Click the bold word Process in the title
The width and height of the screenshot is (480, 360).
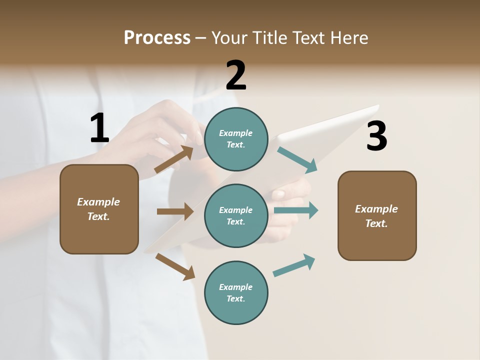click(157, 38)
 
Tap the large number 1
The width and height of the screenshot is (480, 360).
click(99, 128)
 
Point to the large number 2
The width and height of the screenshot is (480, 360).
click(236, 75)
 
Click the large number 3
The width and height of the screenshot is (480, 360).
click(376, 136)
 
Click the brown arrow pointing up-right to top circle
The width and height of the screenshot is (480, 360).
click(174, 159)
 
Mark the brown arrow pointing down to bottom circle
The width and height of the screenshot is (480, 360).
click(175, 266)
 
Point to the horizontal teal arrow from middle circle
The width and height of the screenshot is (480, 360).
click(296, 210)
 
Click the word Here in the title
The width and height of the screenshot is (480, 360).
click(349, 38)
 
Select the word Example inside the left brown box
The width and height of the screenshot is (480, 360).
click(98, 202)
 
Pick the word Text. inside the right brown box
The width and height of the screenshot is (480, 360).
click(376, 223)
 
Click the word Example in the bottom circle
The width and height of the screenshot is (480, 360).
click(236, 287)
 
